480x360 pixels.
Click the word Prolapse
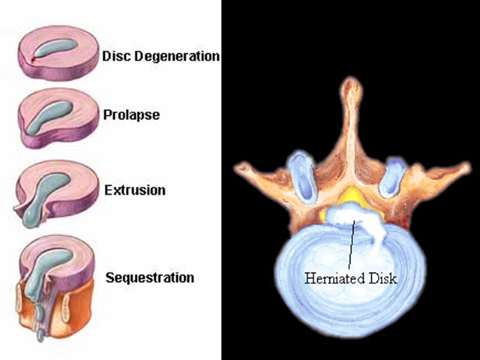[131, 115]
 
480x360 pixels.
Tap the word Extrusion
[134, 191]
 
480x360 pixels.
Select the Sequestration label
[149, 278]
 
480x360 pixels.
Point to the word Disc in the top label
[115, 57]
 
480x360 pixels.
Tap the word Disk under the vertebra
[383, 278]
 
